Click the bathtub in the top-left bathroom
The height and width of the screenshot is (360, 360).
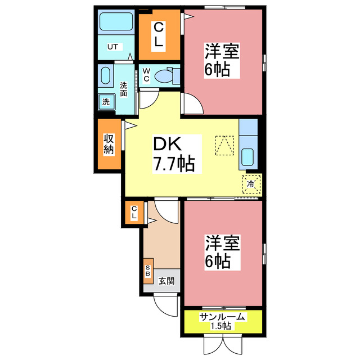[115, 22]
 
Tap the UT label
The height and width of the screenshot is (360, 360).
[112, 47]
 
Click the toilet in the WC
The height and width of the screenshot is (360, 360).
[166, 75]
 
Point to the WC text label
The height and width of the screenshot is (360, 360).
[146, 75]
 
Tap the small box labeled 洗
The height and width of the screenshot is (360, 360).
[105, 102]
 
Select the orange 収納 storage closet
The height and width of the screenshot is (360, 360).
[109, 144]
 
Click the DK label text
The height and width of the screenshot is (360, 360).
[167, 145]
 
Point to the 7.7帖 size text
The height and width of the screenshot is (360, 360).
[174, 164]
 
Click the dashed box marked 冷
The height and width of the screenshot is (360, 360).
[251, 183]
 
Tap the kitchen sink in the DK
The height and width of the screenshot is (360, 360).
[248, 156]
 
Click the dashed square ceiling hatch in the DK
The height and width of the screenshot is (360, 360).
[224, 145]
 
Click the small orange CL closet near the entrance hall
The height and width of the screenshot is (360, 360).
[134, 213]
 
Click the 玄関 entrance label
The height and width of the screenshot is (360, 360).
[165, 281]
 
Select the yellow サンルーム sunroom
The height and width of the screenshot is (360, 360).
[223, 321]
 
